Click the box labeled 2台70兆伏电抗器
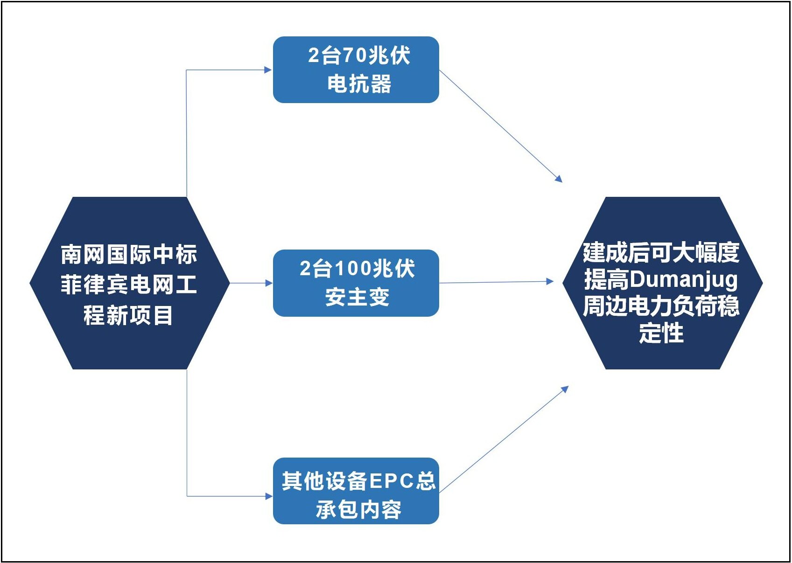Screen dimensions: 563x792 point(356,70)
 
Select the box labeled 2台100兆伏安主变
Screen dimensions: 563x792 point(356,283)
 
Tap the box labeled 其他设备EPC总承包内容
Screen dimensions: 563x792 point(356,491)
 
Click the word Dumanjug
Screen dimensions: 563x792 point(684,280)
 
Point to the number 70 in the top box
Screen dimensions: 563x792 point(355,56)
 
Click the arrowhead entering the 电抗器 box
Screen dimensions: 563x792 point(268,70)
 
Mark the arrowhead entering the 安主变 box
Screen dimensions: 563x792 point(268,283)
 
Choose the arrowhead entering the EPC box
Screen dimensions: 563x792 point(268,496)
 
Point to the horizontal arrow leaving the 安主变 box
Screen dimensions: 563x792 point(495,282)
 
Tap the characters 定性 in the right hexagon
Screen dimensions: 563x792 point(661,333)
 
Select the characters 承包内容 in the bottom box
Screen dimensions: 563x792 point(358,509)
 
